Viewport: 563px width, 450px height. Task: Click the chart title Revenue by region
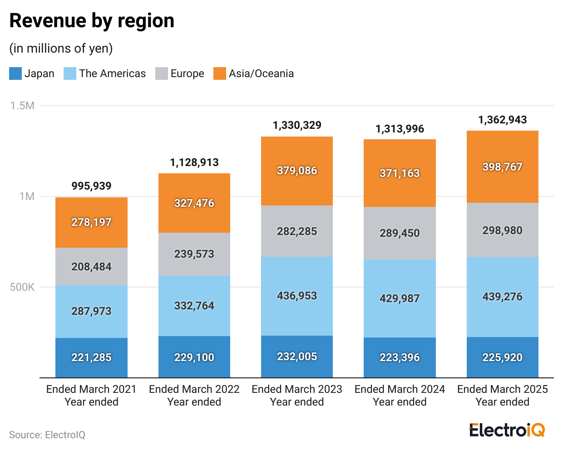(x=92, y=21)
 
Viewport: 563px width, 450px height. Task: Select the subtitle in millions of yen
(x=61, y=48)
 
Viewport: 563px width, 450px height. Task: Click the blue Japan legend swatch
(x=15, y=73)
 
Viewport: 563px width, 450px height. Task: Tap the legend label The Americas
(x=112, y=73)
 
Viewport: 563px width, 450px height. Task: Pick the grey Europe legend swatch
(x=161, y=73)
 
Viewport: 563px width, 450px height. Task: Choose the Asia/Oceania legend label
(x=261, y=73)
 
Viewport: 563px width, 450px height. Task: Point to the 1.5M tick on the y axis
(x=23, y=106)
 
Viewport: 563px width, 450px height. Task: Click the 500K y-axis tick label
(x=22, y=287)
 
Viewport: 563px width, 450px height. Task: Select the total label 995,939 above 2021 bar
(x=91, y=186)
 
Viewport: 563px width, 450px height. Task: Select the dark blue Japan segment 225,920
(x=503, y=357)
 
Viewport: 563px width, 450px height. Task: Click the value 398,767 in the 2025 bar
(x=503, y=167)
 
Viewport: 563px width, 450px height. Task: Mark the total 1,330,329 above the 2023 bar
(x=297, y=125)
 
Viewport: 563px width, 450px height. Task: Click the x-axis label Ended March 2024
(x=400, y=389)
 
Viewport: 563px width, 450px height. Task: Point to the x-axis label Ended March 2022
(x=194, y=389)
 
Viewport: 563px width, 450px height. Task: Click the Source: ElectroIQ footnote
(x=47, y=435)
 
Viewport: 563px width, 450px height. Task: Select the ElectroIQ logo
(x=507, y=430)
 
